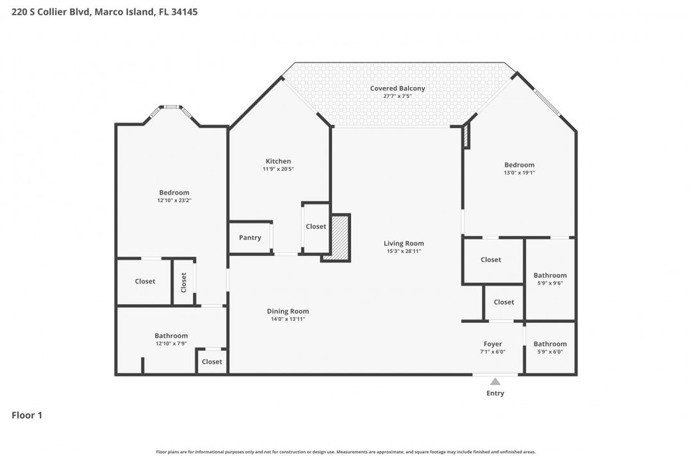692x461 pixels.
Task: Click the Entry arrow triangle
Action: (495, 382)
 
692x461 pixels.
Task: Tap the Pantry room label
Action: (250, 238)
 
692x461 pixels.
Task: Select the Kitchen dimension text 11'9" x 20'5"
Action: (278, 169)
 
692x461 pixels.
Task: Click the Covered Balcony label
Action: (397, 88)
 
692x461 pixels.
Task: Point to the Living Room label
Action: (404, 243)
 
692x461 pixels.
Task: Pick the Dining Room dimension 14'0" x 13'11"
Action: (288, 319)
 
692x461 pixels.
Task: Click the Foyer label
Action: (493, 344)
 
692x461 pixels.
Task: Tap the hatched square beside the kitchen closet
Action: (340, 238)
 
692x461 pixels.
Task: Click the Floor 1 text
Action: (27, 415)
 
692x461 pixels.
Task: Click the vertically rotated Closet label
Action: (184, 282)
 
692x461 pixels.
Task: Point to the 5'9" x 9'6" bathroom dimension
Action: (550, 283)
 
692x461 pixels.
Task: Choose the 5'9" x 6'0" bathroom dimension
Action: (550, 352)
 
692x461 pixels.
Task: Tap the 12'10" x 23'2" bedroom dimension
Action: (174, 200)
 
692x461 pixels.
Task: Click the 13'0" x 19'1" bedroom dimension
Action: (519, 172)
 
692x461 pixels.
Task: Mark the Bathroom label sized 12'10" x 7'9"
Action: (171, 336)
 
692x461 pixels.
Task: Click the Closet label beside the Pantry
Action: (316, 226)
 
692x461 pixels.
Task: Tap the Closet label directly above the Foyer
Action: (504, 302)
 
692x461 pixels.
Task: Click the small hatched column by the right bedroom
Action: (466, 136)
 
